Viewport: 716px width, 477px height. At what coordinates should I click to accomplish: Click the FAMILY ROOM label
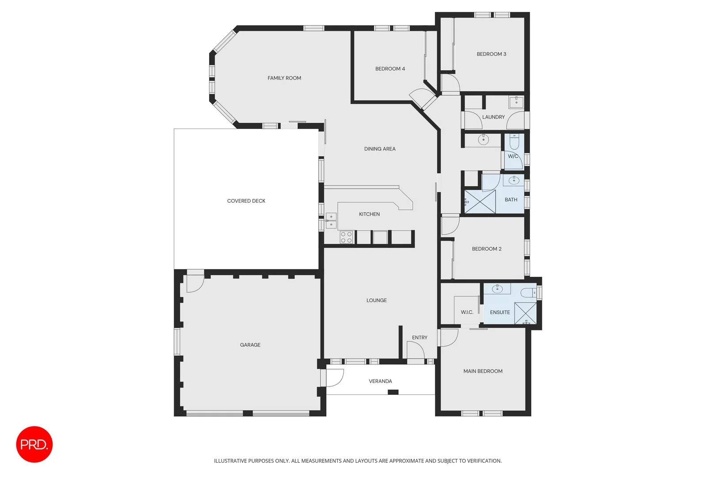284,78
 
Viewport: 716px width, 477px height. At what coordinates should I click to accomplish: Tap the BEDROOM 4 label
390,69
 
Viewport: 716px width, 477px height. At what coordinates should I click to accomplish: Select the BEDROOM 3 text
491,54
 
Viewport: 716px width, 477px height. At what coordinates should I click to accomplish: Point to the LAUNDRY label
493,117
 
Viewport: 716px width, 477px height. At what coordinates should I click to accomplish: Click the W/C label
513,156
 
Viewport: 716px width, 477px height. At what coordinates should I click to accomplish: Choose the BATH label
511,200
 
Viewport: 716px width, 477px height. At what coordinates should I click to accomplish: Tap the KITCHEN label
369,214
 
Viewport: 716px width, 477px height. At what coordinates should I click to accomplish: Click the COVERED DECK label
246,201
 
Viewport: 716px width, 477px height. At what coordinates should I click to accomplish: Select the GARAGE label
250,345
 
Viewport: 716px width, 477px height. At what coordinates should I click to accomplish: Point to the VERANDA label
380,381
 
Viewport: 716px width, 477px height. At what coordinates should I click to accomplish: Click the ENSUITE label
500,312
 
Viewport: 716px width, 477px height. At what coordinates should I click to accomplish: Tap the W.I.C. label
467,312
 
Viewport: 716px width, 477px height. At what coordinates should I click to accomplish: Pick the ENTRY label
419,337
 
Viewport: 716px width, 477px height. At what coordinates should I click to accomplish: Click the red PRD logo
34,444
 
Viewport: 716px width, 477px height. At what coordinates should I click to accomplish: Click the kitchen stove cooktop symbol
346,237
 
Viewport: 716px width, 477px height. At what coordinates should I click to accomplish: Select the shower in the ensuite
526,313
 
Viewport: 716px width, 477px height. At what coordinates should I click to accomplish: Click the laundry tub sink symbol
516,102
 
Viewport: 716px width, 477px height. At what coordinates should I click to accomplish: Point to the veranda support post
393,392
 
